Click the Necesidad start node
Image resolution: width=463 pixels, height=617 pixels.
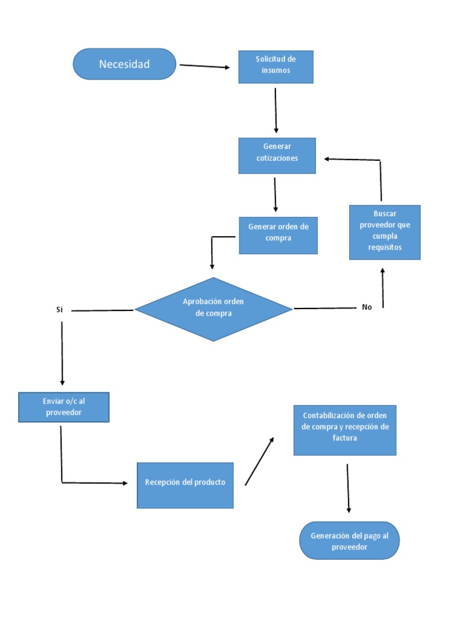[x=124, y=64]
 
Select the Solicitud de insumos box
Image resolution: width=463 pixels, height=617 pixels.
[x=276, y=66]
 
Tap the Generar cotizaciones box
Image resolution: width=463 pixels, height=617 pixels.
[x=277, y=155]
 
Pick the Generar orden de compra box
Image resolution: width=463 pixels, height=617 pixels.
[x=278, y=235]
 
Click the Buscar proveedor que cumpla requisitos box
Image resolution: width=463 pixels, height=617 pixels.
[x=385, y=232]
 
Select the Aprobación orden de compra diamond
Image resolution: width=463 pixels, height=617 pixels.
[x=213, y=309]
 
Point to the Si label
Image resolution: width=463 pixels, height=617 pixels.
[x=60, y=310]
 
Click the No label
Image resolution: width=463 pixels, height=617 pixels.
[x=367, y=307]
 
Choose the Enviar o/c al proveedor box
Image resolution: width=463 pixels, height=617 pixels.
[x=63, y=407]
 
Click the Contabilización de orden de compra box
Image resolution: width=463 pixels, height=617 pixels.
[x=345, y=430]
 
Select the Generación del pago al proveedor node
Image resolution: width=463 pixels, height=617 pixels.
[x=349, y=540]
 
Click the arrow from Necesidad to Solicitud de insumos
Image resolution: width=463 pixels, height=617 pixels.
[x=204, y=66]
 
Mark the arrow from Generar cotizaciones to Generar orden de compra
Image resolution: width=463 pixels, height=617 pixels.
[x=276, y=194]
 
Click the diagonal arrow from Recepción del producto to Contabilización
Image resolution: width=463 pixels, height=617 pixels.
[x=259, y=461]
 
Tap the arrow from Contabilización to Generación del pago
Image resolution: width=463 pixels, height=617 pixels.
[x=348, y=488]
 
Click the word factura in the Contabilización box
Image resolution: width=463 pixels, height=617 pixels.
[x=345, y=438]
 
